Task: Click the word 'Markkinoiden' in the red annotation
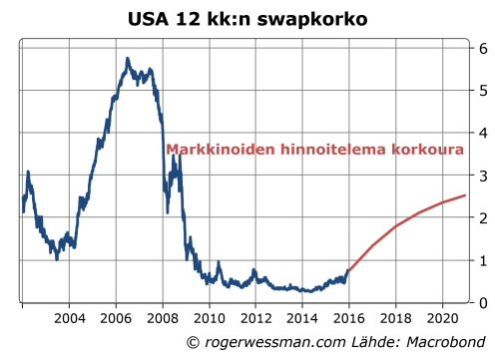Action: (x=217, y=151)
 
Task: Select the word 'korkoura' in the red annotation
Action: (x=431, y=151)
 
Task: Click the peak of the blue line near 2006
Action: (x=127, y=59)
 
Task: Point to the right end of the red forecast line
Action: (x=465, y=195)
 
